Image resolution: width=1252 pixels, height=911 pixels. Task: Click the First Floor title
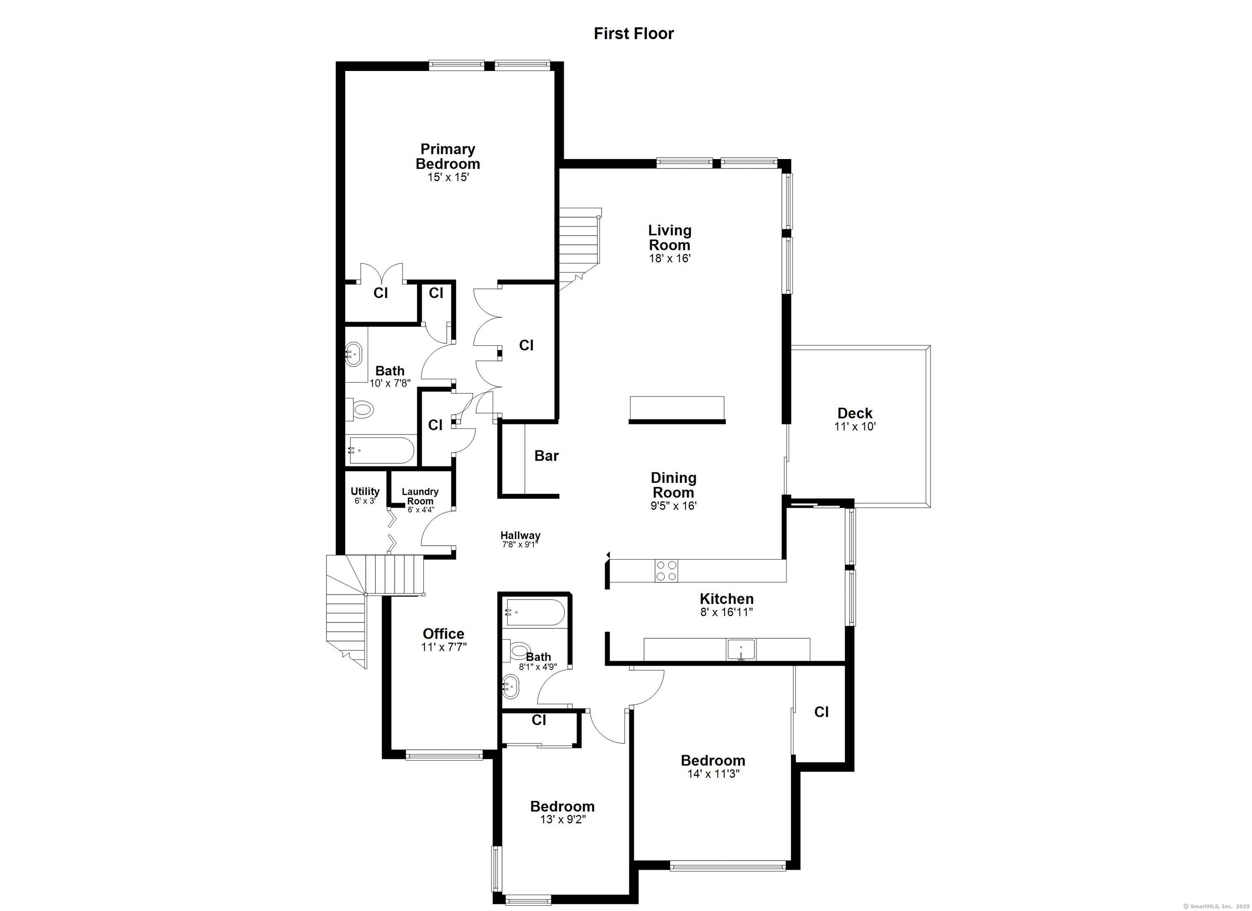(634, 34)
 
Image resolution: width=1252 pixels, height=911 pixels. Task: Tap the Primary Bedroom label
(447, 156)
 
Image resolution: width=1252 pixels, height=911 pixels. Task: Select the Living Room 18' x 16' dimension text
(670, 258)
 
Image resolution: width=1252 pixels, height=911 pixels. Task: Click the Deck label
(855, 413)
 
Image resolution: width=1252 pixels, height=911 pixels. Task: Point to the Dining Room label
(673, 484)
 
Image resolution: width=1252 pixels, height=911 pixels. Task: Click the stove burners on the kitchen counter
(666, 570)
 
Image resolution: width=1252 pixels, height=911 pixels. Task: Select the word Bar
(547, 456)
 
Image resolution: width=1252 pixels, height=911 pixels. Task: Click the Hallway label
(520, 535)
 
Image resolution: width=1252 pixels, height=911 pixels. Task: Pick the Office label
(443, 634)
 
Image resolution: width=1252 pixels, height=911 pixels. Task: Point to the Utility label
(365, 491)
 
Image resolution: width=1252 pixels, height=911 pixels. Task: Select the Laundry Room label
(420, 496)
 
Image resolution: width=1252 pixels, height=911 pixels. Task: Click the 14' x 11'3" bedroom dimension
(713, 774)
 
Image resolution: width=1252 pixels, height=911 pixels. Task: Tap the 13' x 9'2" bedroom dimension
(562, 820)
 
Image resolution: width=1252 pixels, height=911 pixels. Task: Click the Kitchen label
(727, 599)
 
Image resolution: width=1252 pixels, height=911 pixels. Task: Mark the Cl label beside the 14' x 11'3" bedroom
(821, 712)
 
